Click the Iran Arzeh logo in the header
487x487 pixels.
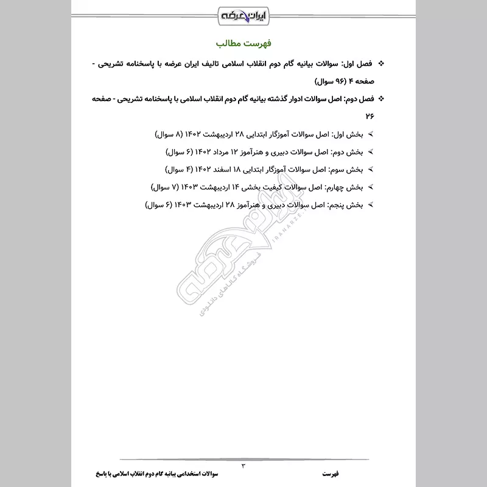[243, 13]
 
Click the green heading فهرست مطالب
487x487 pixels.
[243, 44]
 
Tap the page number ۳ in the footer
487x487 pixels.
[243, 466]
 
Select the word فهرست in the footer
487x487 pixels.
[333, 473]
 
